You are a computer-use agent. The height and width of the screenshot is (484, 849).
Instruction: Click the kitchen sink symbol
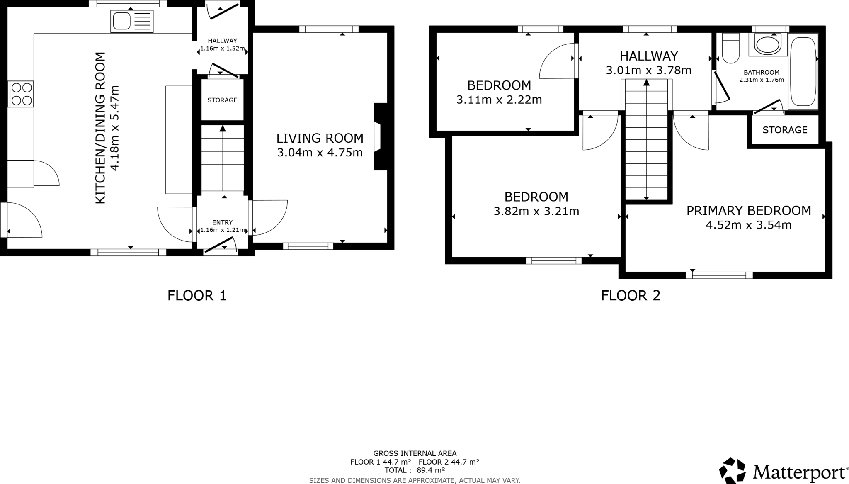(x=131, y=22)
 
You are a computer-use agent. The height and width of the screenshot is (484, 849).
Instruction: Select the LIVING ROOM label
(x=320, y=138)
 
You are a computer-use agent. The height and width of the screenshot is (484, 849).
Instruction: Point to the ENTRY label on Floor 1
(x=222, y=222)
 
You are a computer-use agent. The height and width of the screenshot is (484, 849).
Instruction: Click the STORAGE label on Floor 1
(x=222, y=100)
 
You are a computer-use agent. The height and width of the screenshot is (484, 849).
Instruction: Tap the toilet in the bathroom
(x=730, y=48)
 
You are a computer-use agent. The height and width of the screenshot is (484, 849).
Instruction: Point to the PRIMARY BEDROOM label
(x=748, y=211)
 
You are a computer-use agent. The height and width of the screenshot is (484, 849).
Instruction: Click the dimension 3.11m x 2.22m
(x=499, y=100)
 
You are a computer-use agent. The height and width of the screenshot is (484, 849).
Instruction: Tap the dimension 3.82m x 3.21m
(x=536, y=212)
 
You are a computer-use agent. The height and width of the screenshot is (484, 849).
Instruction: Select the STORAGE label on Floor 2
(x=785, y=130)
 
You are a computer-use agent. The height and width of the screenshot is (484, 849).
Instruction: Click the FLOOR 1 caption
(x=197, y=295)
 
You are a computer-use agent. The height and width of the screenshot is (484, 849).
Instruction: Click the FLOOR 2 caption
(x=631, y=295)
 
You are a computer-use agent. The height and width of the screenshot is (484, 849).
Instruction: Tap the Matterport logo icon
(x=733, y=471)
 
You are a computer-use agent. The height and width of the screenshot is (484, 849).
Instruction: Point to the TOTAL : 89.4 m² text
(x=415, y=470)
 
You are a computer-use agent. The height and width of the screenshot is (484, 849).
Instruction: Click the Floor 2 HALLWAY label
(x=648, y=56)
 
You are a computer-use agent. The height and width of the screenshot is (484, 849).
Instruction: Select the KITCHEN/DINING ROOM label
(x=101, y=128)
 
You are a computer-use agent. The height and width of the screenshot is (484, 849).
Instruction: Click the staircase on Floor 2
(x=646, y=141)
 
